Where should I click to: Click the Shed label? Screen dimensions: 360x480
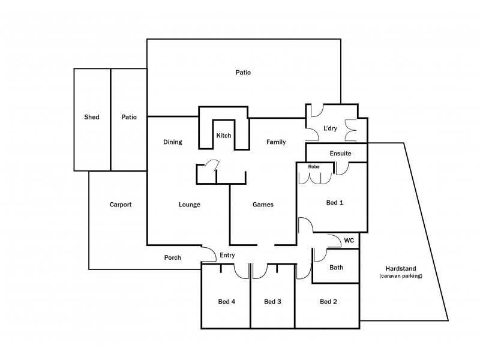point(92,118)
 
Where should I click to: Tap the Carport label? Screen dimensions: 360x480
point(120,205)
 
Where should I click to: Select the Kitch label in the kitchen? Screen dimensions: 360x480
point(224,136)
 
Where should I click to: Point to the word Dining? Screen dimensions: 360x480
point(172,142)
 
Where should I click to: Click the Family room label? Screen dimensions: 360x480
point(276,142)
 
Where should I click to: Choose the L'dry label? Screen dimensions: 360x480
point(331,128)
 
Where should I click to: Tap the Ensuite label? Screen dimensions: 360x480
point(340,154)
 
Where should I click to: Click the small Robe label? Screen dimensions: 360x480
point(313,166)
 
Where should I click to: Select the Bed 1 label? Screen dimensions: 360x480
point(334,203)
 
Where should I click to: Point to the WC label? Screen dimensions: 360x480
point(349,241)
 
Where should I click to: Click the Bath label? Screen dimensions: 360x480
point(336,268)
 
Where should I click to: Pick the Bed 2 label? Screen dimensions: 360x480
point(328,302)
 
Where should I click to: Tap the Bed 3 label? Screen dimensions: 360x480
point(272,302)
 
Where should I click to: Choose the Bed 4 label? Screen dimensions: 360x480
point(226,302)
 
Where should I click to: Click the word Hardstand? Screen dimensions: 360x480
point(401,268)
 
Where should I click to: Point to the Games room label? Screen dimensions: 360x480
point(263,205)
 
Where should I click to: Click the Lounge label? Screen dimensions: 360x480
point(189,205)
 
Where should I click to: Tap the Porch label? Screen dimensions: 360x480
point(173,257)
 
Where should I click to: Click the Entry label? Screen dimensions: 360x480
point(227,255)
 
